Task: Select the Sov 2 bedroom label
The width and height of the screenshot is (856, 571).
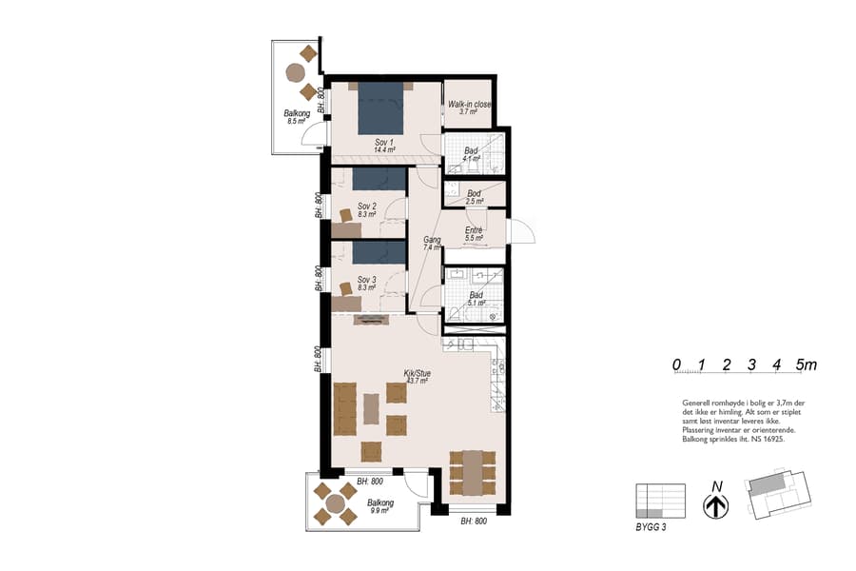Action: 367,210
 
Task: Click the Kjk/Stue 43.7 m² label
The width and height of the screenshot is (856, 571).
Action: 418,377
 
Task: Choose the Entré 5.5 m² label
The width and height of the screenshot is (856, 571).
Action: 474,234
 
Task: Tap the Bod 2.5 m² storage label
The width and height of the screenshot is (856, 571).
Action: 474,197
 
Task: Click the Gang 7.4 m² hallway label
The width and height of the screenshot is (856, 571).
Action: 432,244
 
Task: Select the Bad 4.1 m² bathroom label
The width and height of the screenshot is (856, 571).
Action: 471,155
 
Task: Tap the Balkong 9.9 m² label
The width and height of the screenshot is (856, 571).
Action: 380,506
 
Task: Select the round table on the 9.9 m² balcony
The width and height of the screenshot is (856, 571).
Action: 336,503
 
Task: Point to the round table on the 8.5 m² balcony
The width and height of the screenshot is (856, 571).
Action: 296,72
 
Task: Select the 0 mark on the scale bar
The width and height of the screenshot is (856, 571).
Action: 675,364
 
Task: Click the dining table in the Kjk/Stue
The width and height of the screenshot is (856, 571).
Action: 472,471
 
